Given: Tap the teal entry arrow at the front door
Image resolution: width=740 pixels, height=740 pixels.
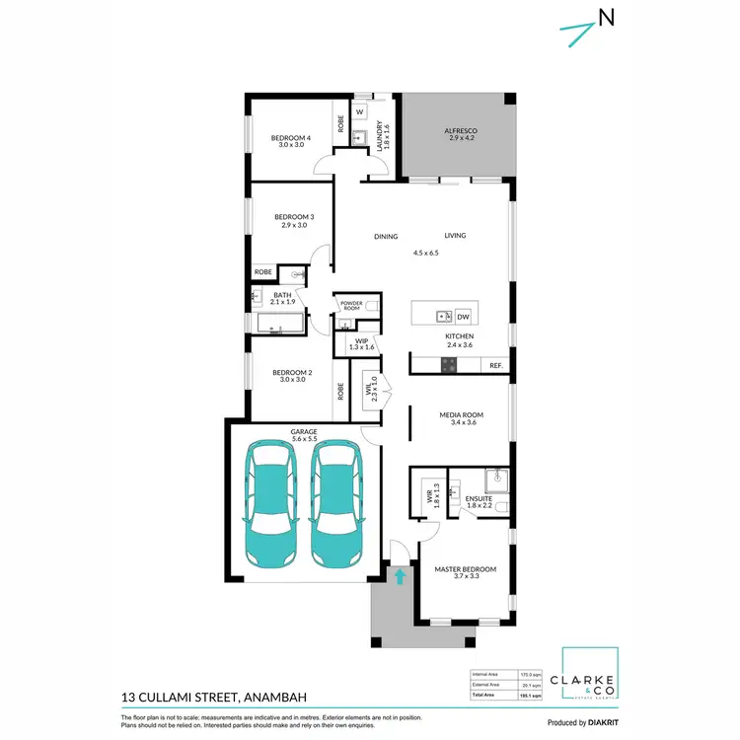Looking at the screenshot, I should tap(400, 576).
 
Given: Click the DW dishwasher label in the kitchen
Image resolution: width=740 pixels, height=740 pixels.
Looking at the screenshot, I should tap(463, 317).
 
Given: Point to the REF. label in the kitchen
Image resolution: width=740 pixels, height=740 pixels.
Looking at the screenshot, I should tap(496, 366).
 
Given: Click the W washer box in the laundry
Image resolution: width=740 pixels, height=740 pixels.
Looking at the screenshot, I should tap(360, 112).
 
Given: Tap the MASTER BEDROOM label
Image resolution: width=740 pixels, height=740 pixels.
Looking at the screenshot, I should tap(465, 569).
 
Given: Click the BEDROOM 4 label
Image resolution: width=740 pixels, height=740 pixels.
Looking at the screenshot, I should tap(292, 138).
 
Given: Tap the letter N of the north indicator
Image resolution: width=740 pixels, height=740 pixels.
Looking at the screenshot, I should tap(607, 17).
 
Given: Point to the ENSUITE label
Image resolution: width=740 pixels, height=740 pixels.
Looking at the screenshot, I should tap(479, 500).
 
